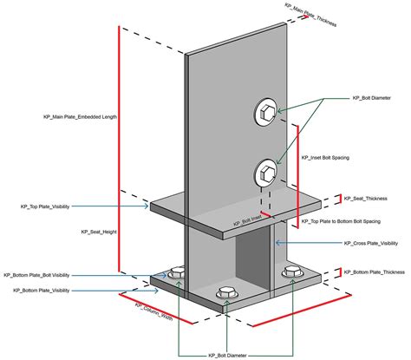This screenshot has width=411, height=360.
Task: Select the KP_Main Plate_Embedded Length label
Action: coord(81,115)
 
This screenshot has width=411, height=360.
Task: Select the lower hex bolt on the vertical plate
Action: coord(264,172)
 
